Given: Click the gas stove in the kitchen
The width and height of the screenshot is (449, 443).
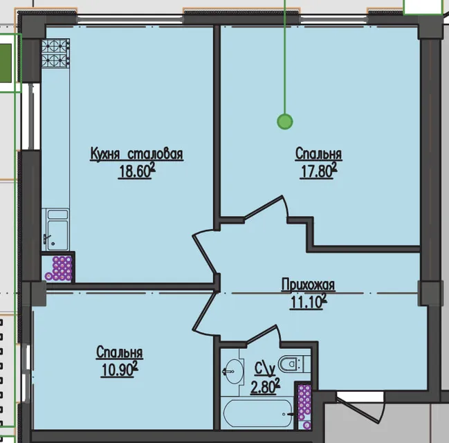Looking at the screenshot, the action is coord(55,53).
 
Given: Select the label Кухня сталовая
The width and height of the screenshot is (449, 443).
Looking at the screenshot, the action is coord(137,154).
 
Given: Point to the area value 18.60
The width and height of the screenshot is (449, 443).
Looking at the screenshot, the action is coord(136,171).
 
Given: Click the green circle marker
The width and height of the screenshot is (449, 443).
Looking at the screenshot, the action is coord(285,122).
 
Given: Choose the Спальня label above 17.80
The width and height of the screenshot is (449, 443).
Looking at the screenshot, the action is coord(318,154).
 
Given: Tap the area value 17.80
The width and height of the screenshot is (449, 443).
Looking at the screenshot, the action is coord(318,171).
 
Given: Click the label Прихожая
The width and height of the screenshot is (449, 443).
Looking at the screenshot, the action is coord(308,284).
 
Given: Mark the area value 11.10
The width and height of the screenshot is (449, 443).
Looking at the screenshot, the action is coord(309,302).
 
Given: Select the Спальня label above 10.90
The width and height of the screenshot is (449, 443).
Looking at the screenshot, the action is coord(120,352).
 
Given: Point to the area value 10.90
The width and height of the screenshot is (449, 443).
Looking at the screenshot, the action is coord(120,370).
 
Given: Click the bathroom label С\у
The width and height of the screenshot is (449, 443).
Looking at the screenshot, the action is coord(265,369).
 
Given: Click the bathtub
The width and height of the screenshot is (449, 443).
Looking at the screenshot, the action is coord(258,413).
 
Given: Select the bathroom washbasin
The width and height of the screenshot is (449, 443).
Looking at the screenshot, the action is coord(233,371).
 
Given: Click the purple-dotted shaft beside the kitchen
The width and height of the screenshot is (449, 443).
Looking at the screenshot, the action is coord(59,268).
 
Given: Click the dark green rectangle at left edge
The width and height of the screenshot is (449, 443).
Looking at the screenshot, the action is coord(6,63).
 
